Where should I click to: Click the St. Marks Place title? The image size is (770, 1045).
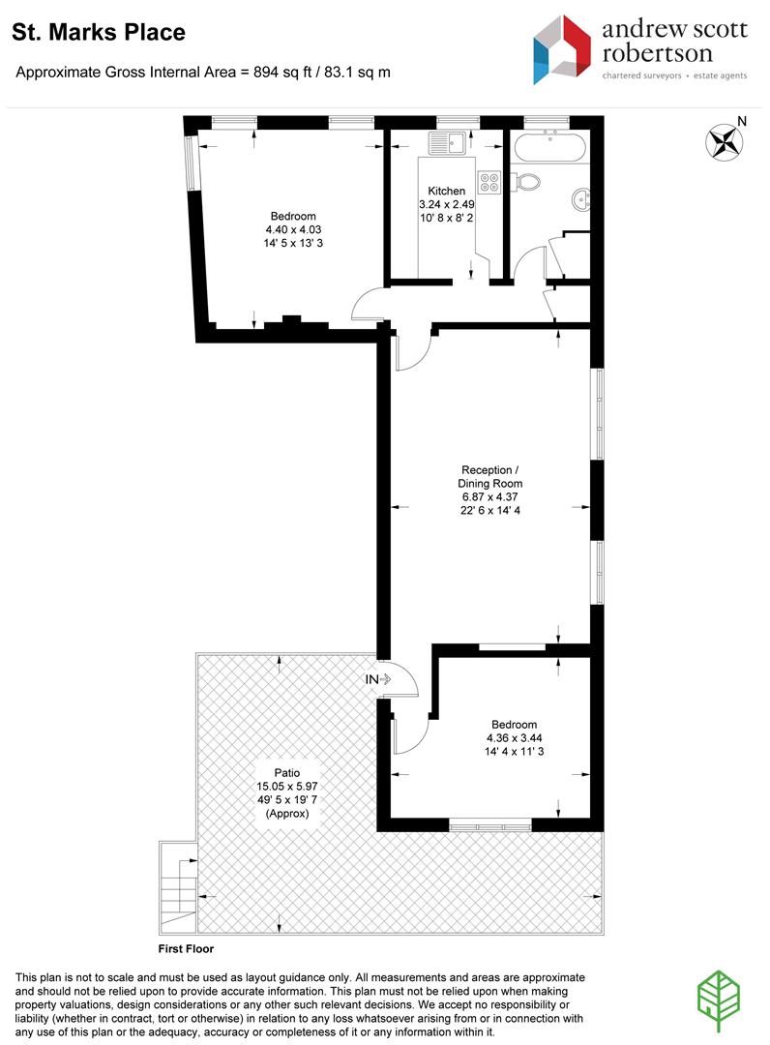(99, 32)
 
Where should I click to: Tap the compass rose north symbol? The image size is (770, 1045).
(724, 141)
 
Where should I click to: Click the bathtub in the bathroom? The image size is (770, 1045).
(549, 146)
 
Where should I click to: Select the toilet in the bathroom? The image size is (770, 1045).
(525, 181)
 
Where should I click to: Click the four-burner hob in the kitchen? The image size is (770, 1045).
(489, 182)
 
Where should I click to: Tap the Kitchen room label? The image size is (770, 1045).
(446, 191)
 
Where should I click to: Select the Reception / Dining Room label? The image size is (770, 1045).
(490, 476)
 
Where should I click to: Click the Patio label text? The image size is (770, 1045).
(287, 772)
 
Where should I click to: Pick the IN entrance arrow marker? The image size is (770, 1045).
(377, 679)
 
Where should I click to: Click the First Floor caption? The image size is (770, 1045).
(186, 948)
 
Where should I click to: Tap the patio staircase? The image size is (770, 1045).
(179, 887)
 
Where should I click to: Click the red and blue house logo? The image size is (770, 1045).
(562, 50)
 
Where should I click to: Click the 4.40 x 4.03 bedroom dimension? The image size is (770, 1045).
(293, 229)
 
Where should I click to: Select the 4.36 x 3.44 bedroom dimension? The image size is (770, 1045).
(515, 737)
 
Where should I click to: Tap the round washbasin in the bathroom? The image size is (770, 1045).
(580, 198)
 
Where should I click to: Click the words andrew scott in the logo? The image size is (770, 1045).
(675, 29)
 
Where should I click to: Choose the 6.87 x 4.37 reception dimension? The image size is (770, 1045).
(490, 496)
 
